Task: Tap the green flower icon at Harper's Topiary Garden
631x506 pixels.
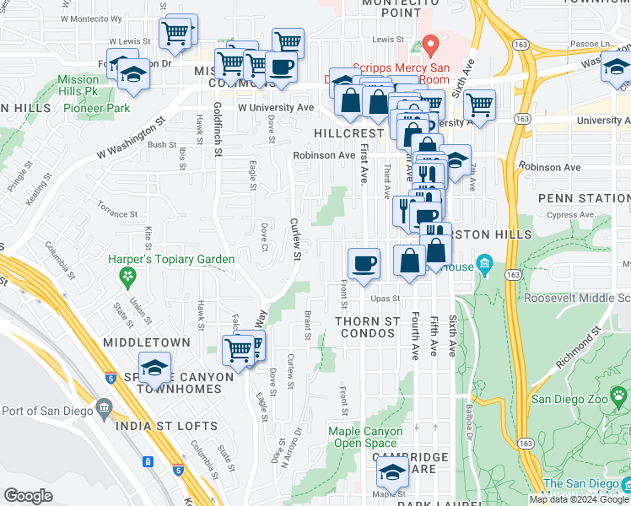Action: click(127, 276)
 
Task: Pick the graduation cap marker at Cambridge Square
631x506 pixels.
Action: click(391, 474)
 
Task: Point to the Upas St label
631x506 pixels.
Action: click(383, 299)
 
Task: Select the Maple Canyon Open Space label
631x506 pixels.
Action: click(365, 437)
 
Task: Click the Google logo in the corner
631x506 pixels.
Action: click(29, 495)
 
